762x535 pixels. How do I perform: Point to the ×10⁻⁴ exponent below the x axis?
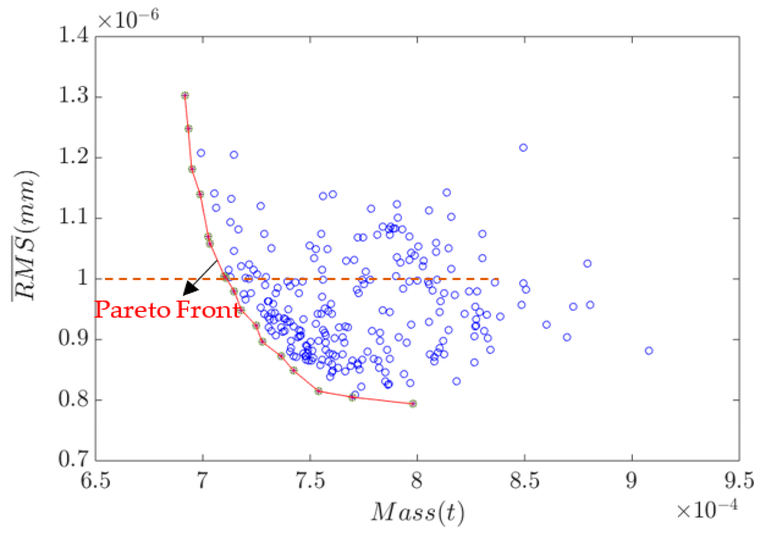(x=707, y=510)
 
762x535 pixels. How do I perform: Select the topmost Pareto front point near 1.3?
(x=185, y=96)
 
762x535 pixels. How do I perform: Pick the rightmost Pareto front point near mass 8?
(x=413, y=403)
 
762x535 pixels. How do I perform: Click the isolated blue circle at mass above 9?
(x=649, y=351)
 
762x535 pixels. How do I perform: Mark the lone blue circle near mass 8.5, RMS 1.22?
(x=523, y=147)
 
